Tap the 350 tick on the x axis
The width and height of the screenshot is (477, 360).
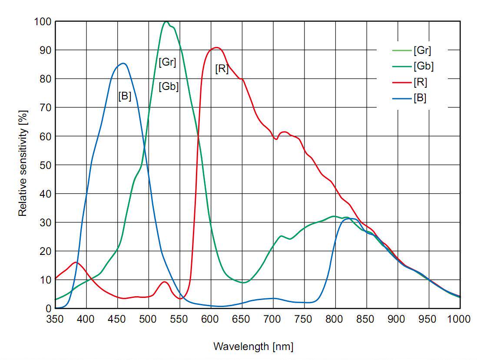pyautogui.click(x=56, y=319)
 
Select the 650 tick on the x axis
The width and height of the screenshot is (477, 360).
pyautogui.click(x=242, y=319)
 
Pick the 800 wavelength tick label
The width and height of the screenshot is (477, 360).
pyautogui.click(x=335, y=319)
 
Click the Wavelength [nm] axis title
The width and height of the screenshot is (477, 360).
pyautogui.click(x=253, y=347)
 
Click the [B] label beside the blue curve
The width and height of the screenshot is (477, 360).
pyautogui.click(x=125, y=96)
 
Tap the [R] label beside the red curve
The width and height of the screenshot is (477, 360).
pyautogui.click(x=222, y=69)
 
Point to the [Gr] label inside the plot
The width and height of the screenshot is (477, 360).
pyautogui.click(x=167, y=62)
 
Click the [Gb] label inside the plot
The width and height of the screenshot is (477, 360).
pyautogui.click(x=169, y=86)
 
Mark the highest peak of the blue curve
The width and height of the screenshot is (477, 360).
pyautogui.click(x=123, y=63)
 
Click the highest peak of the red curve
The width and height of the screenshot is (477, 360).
pyautogui.click(x=216, y=47)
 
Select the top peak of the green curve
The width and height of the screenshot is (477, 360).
pyautogui.click(x=166, y=21)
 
